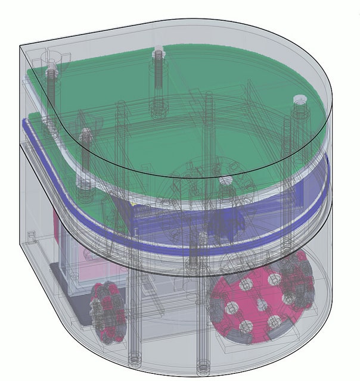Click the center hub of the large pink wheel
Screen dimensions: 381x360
click(260, 304)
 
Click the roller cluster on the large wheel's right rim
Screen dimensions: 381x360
click(304, 286)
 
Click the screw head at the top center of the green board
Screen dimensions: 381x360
click(158, 54)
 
